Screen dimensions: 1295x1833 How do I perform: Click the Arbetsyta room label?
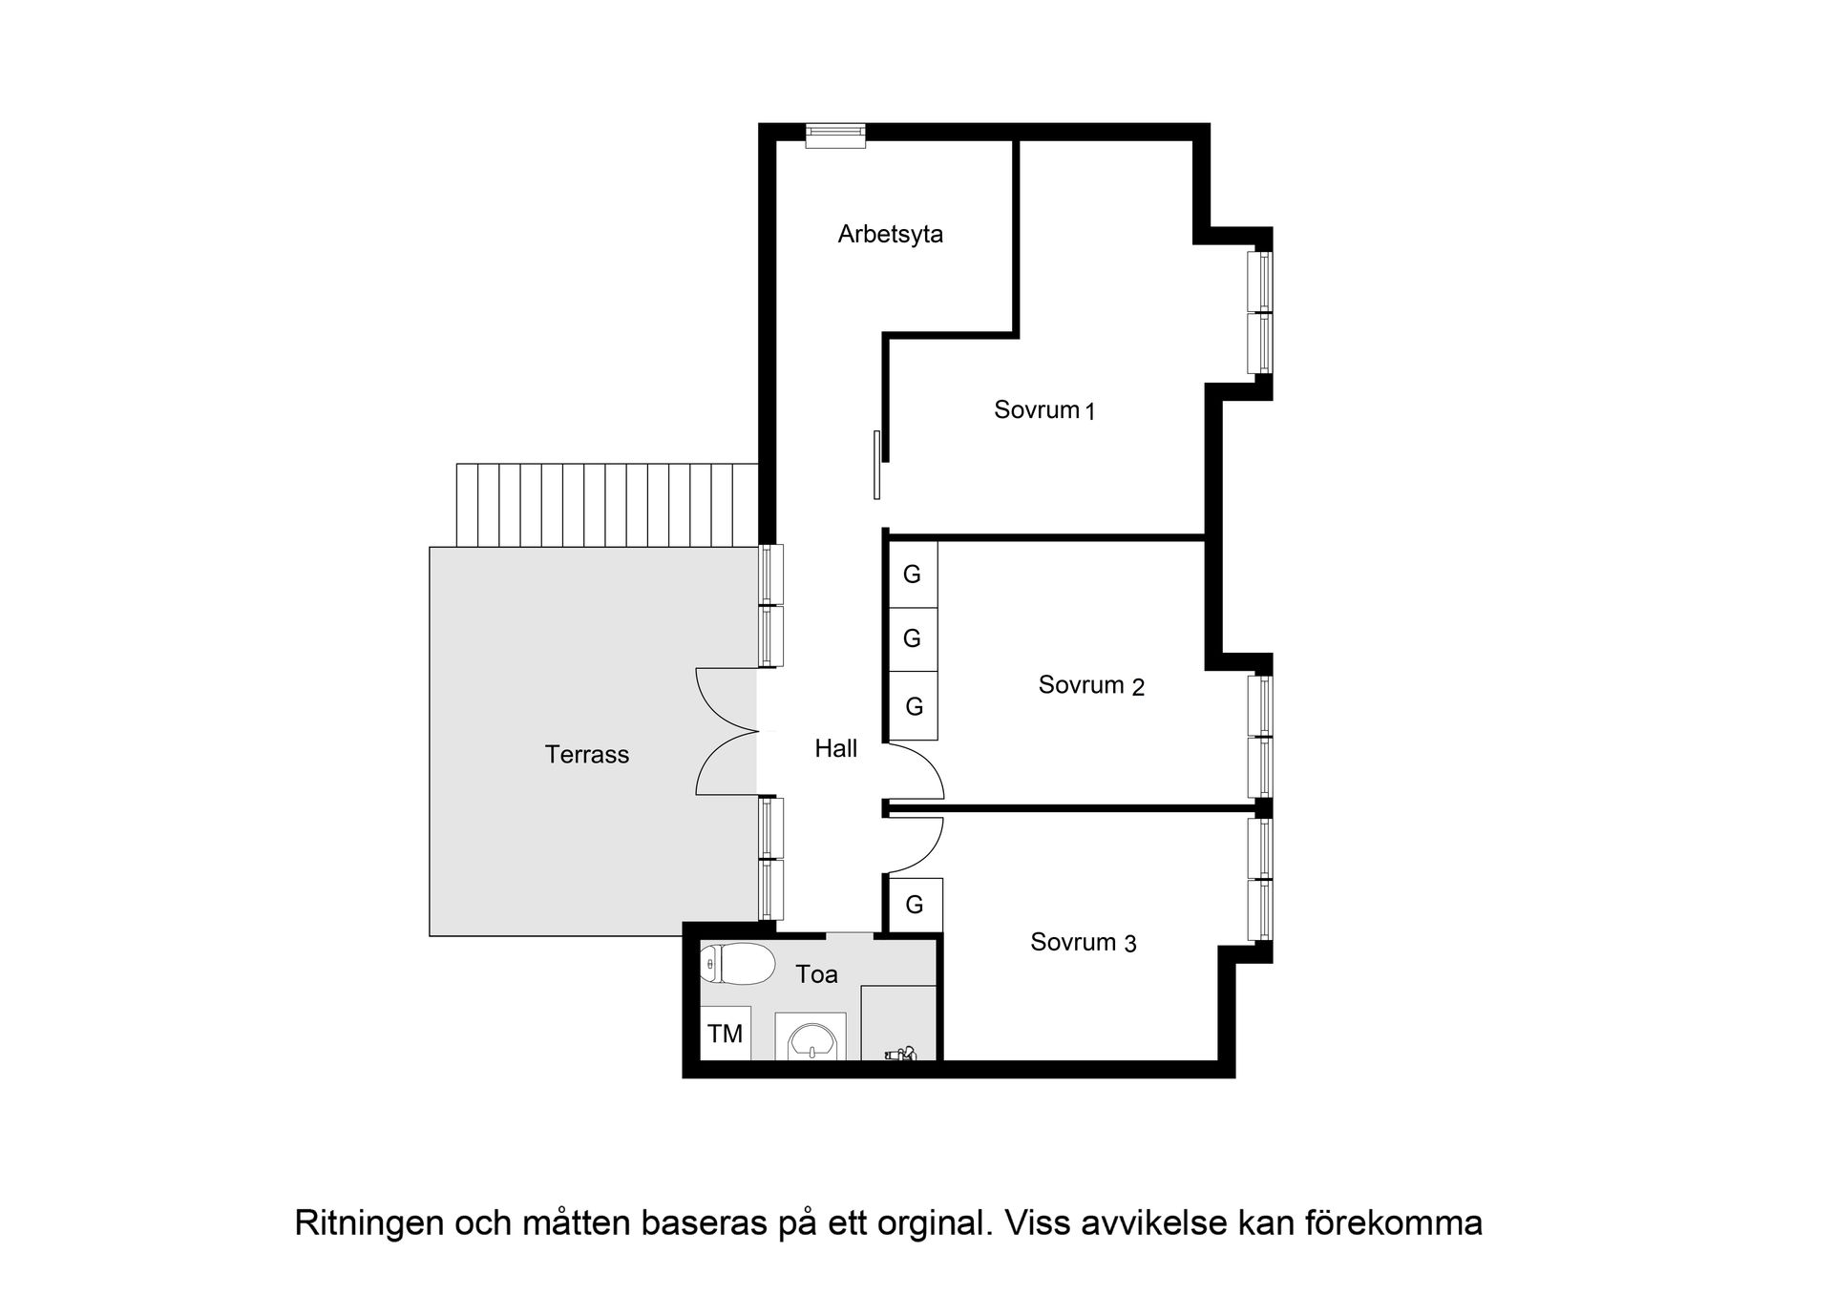890,234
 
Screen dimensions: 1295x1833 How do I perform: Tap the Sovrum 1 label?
1043,410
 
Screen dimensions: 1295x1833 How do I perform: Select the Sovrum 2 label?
1090,685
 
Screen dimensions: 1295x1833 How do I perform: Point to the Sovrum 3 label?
1083,943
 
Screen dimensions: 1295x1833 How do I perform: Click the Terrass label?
586,755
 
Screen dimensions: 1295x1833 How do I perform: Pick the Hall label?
835,749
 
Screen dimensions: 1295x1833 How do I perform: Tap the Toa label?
816,974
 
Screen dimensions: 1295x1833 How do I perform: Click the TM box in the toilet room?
726,1034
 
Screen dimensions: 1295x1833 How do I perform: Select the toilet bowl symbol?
737,964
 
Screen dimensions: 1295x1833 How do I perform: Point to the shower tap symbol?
900,1054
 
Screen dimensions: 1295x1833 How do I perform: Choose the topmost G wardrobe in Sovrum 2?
913,574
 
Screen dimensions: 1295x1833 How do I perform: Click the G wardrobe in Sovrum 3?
915,905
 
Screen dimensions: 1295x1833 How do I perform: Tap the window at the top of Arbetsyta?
835,136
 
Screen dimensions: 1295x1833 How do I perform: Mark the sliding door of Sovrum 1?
876,465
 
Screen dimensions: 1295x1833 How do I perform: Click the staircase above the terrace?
606,505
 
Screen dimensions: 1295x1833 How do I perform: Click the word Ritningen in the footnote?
369,1223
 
